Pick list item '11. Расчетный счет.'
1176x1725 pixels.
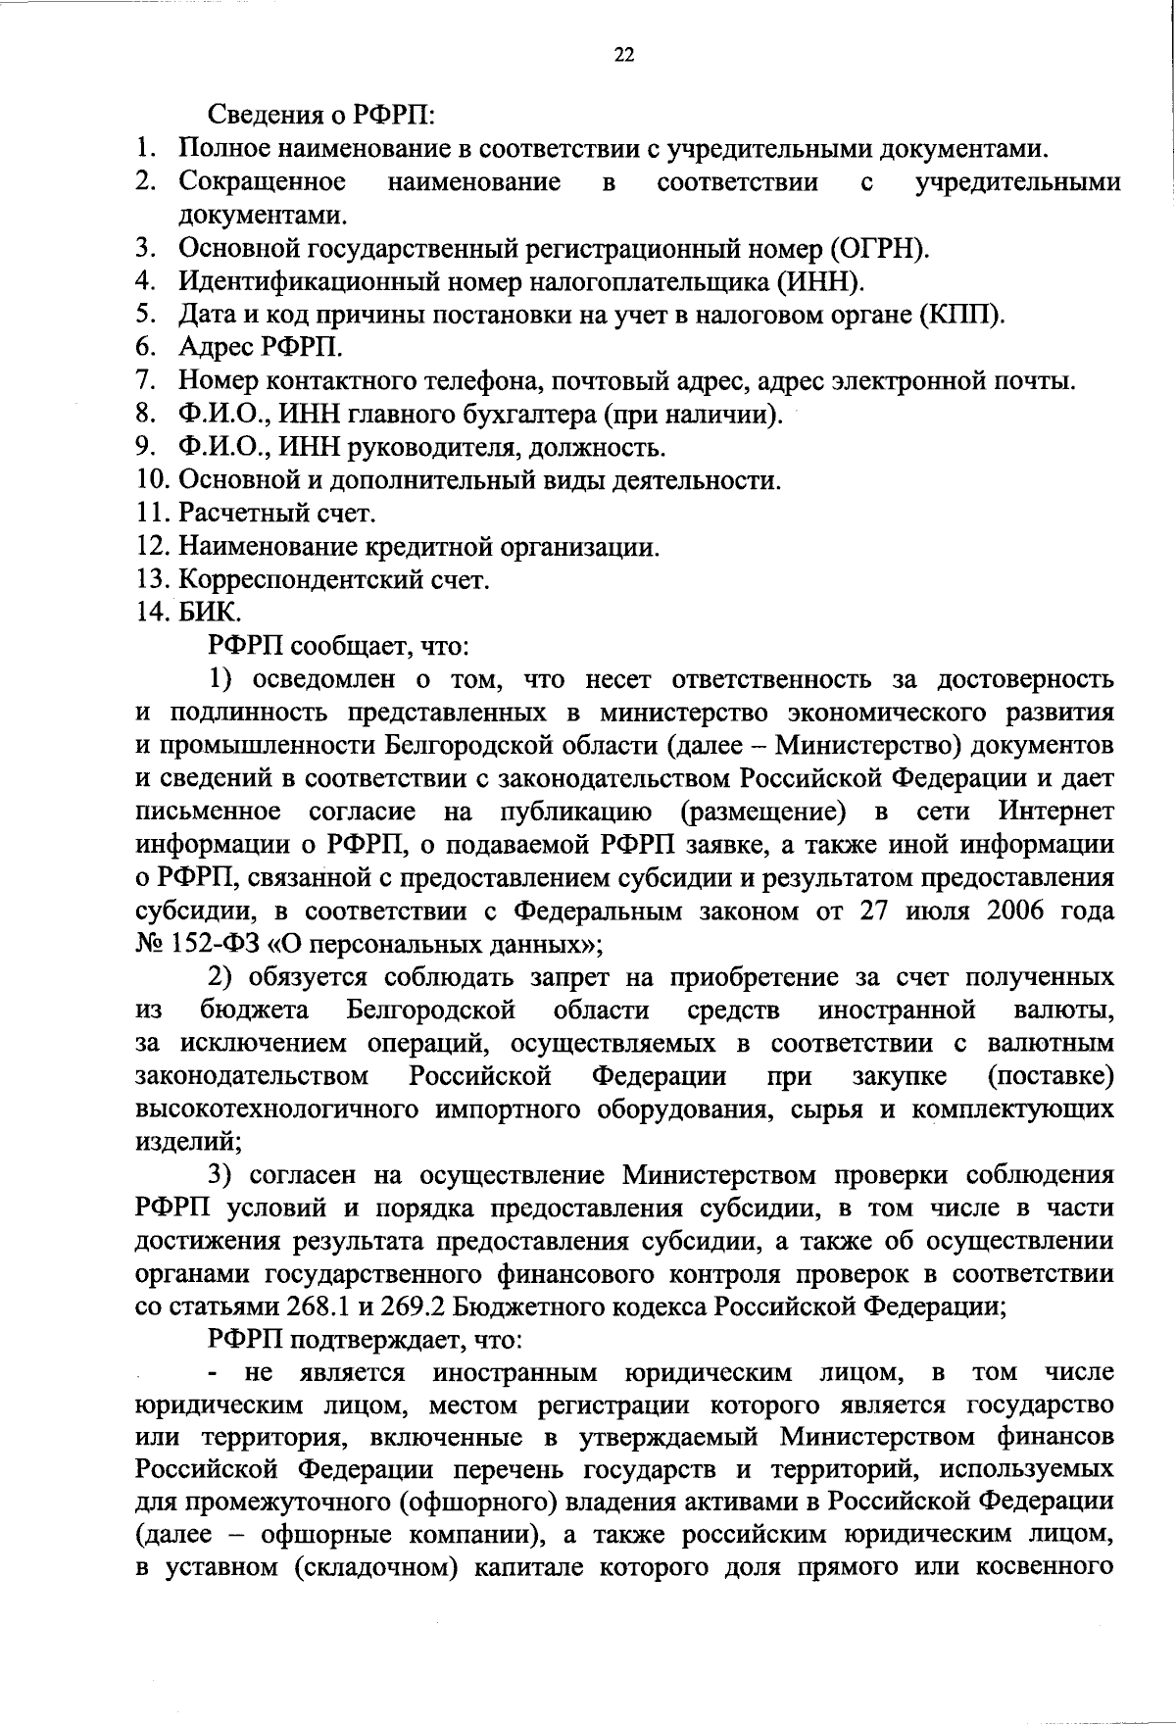257,514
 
